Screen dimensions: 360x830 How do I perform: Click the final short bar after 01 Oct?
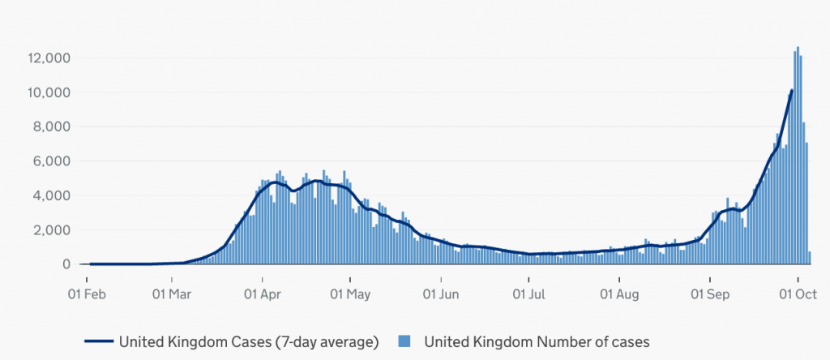coord(809,259)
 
